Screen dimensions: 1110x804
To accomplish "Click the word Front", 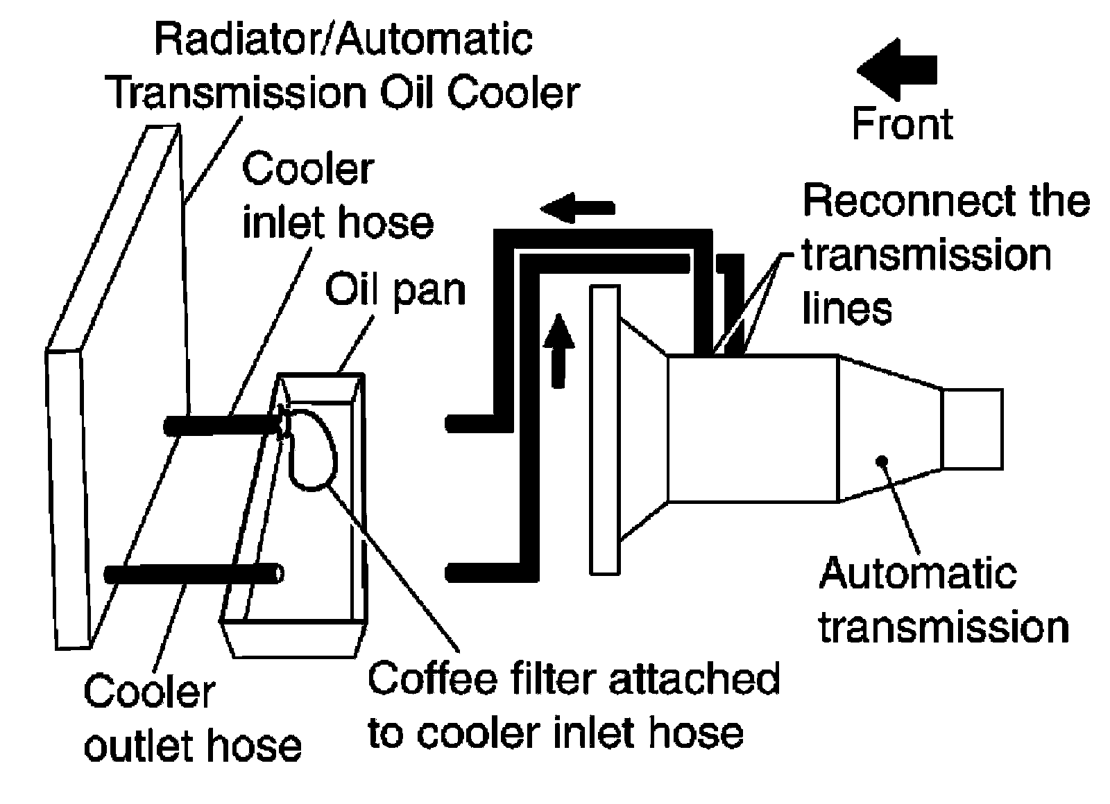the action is click(903, 124).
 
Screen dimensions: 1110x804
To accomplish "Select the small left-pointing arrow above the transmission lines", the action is click(577, 208).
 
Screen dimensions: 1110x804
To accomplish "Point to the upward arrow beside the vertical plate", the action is click(559, 351).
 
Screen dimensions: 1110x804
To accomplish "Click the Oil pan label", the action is click(395, 290).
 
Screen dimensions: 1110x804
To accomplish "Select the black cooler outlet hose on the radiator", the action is click(194, 575).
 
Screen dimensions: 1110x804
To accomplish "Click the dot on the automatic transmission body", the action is click(882, 461).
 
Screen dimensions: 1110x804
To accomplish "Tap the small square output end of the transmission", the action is click(972, 429).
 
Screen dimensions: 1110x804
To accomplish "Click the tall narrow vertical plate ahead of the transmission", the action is click(604, 430).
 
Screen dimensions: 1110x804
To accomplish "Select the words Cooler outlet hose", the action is click(193, 718).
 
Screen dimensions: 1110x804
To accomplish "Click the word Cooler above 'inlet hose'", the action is click(308, 169).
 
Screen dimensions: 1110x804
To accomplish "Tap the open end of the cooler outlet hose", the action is click(279, 575).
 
